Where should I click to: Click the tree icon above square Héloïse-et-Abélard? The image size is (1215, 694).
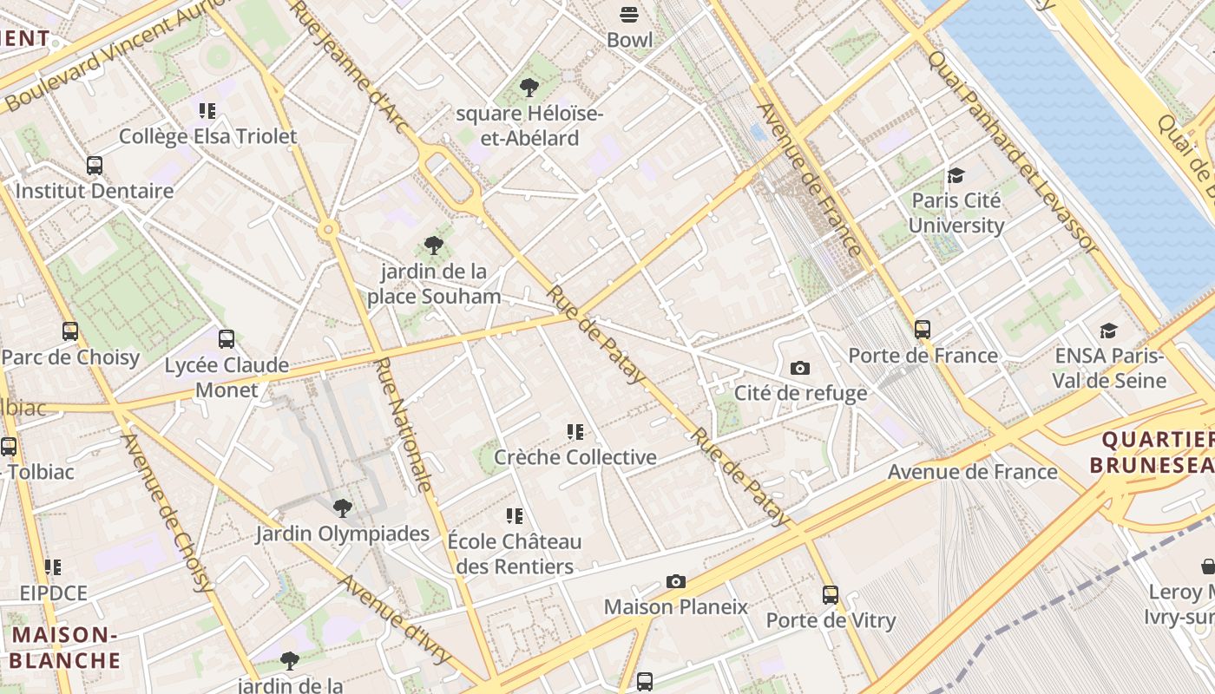tap(529, 88)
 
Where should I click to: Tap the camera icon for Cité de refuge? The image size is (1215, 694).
tap(800, 368)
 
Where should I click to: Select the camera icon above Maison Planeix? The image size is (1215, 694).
tap(675, 581)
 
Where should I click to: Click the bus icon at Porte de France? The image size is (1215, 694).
tap(922, 330)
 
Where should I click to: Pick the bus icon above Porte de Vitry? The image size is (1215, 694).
tap(831, 595)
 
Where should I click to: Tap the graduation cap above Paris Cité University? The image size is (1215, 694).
tap(956, 175)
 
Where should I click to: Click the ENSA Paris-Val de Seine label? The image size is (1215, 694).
tap(1108, 368)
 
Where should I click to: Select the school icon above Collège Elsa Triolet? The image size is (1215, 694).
tap(207, 111)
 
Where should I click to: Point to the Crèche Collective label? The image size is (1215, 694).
tap(575, 456)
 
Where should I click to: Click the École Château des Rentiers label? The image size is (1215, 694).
tap(515, 553)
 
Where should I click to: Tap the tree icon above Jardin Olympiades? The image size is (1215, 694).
tap(343, 508)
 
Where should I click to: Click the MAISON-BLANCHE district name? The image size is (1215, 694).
tap(65, 647)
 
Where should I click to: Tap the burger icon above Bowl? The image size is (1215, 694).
tap(629, 15)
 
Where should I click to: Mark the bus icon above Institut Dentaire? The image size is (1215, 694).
tap(95, 165)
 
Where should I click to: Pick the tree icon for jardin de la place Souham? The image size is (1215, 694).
tap(433, 246)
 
